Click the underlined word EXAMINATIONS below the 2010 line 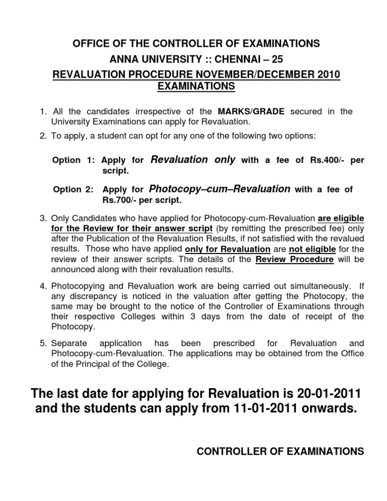(x=196, y=87)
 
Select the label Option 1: (x=74, y=161)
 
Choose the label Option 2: (x=74, y=190)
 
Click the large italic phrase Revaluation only (x=193, y=160)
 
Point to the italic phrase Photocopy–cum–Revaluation (x=220, y=189)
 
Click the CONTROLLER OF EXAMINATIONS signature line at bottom (x=280, y=452)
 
